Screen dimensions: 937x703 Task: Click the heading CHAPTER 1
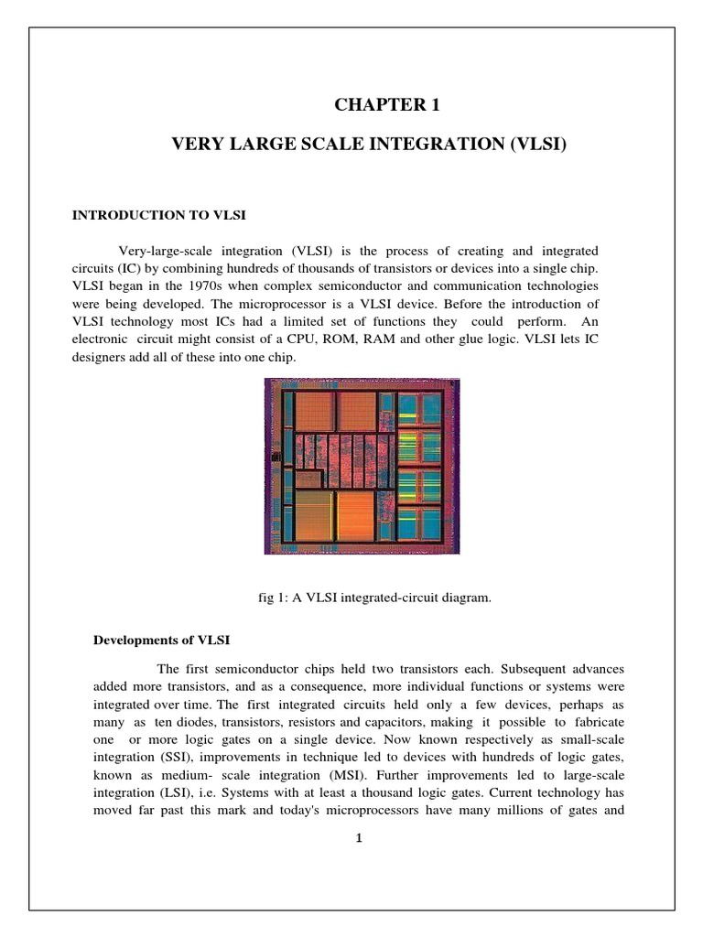pos(387,106)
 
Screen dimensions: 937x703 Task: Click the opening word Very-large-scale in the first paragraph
pos(157,251)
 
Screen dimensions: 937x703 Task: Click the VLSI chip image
pos(350,466)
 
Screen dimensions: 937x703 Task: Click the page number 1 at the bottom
pos(360,843)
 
